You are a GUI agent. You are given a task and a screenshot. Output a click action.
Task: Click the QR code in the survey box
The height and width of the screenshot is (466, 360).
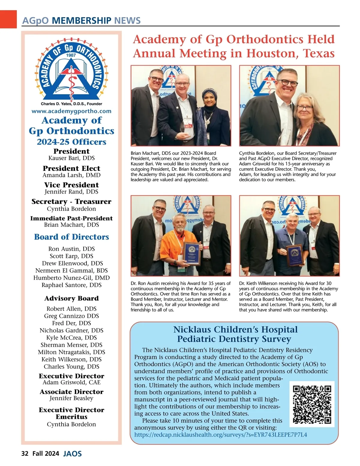coord(312,404)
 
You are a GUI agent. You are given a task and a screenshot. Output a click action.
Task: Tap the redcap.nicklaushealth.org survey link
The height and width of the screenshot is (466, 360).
coord(220,435)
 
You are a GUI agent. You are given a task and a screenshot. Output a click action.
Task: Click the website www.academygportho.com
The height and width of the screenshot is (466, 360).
coord(71,111)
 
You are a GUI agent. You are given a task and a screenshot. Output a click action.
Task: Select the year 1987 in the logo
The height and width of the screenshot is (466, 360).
coord(71,55)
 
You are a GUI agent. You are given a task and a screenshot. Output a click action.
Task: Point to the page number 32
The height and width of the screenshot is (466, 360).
coord(25,453)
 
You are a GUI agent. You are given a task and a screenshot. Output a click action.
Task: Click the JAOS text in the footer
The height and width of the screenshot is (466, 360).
coord(73,454)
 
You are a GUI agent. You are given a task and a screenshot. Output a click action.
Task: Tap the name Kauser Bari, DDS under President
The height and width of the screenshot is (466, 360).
coord(71,158)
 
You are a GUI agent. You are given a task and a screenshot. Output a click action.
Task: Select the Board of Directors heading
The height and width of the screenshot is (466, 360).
coord(71,237)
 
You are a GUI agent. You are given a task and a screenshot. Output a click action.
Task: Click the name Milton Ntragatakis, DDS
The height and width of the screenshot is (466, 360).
coord(71,352)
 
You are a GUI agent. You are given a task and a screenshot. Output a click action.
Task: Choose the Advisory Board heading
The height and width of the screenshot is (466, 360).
coord(71,298)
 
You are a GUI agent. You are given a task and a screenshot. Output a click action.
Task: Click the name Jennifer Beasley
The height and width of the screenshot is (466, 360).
coord(71,398)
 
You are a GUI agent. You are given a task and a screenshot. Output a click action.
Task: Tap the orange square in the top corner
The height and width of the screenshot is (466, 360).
coord(8,19)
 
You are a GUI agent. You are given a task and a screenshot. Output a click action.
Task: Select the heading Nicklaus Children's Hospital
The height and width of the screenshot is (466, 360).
coord(235,329)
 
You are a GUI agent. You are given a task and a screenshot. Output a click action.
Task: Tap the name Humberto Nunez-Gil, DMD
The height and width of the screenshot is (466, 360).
coord(71,278)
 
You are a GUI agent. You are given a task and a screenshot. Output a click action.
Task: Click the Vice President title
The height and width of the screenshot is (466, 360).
coord(71,185)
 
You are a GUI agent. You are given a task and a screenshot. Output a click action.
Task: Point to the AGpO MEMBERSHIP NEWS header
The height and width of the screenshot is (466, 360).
coord(81,21)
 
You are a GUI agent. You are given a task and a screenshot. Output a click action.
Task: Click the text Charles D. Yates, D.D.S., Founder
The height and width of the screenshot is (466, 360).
coord(71,104)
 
